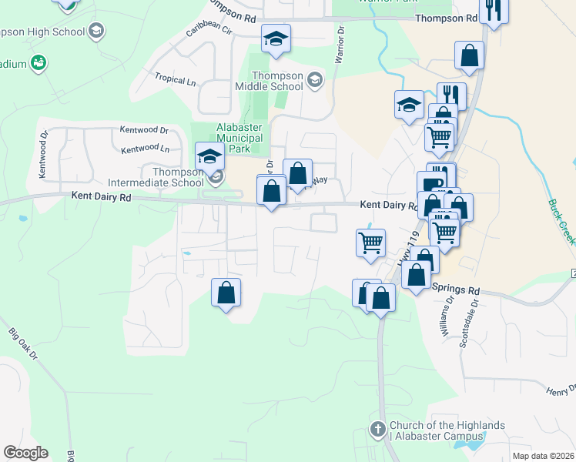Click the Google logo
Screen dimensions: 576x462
click(25, 453)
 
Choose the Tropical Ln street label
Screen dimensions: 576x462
click(175, 79)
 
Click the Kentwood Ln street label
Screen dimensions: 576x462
click(145, 148)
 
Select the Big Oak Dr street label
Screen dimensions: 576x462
click(22, 343)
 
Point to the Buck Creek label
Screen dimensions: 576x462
click(561, 222)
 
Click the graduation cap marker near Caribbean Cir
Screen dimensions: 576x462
click(276, 38)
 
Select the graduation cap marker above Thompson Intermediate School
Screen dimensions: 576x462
click(209, 157)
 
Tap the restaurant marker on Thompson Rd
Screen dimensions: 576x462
click(492, 11)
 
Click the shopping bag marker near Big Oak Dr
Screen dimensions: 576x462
click(226, 293)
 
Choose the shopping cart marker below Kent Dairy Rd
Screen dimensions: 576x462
click(370, 242)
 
